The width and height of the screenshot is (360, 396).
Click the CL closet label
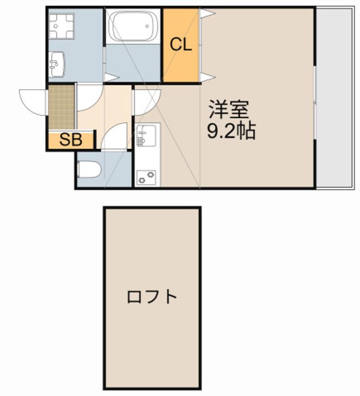(x=181, y=45)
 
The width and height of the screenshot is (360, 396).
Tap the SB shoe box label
(x=71, y=139)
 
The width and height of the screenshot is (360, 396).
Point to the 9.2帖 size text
(x=231, y=131)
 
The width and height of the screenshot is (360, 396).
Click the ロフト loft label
(x=152, y=297)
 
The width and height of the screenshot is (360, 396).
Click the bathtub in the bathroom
(x=133, y=26)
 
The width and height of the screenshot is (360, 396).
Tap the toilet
(x=89, y=169)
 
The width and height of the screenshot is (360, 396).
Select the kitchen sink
(x=146, y=136)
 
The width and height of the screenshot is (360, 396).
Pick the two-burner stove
(x=146, y=178)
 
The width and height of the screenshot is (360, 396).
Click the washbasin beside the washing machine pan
(x=57, y=64)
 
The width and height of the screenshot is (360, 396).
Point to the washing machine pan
(x=62, y=26)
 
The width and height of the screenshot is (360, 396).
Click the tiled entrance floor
(x=61, y=107)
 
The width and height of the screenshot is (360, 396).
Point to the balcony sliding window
(x=315, y=102)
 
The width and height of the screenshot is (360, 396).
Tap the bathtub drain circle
(x=147, y=26)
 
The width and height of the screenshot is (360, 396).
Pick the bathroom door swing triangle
(x=111, y=78)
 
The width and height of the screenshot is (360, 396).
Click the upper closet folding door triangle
(x=207, y=13)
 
